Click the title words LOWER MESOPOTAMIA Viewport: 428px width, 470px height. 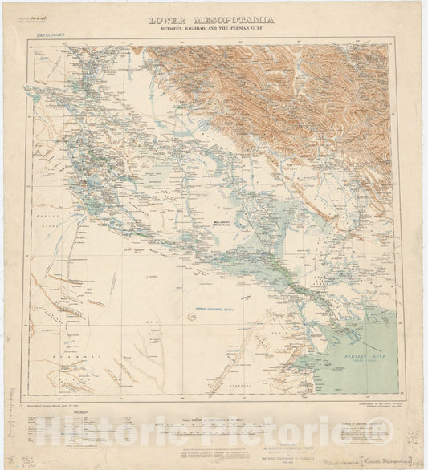click(x=210, y=19)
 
